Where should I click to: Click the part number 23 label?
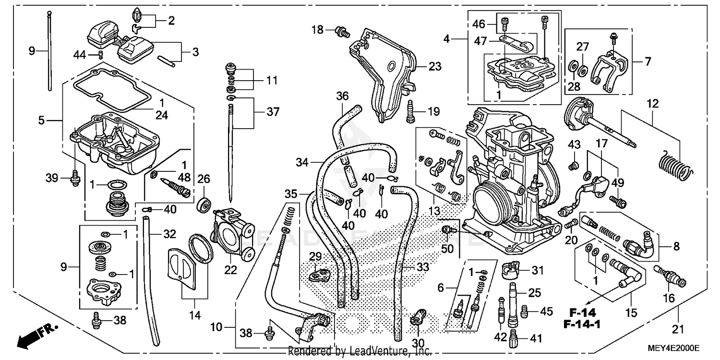point(435,67)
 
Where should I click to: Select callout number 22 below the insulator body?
point(231,270)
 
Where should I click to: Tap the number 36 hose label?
point(342,96)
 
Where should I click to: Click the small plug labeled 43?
point(572,167)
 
